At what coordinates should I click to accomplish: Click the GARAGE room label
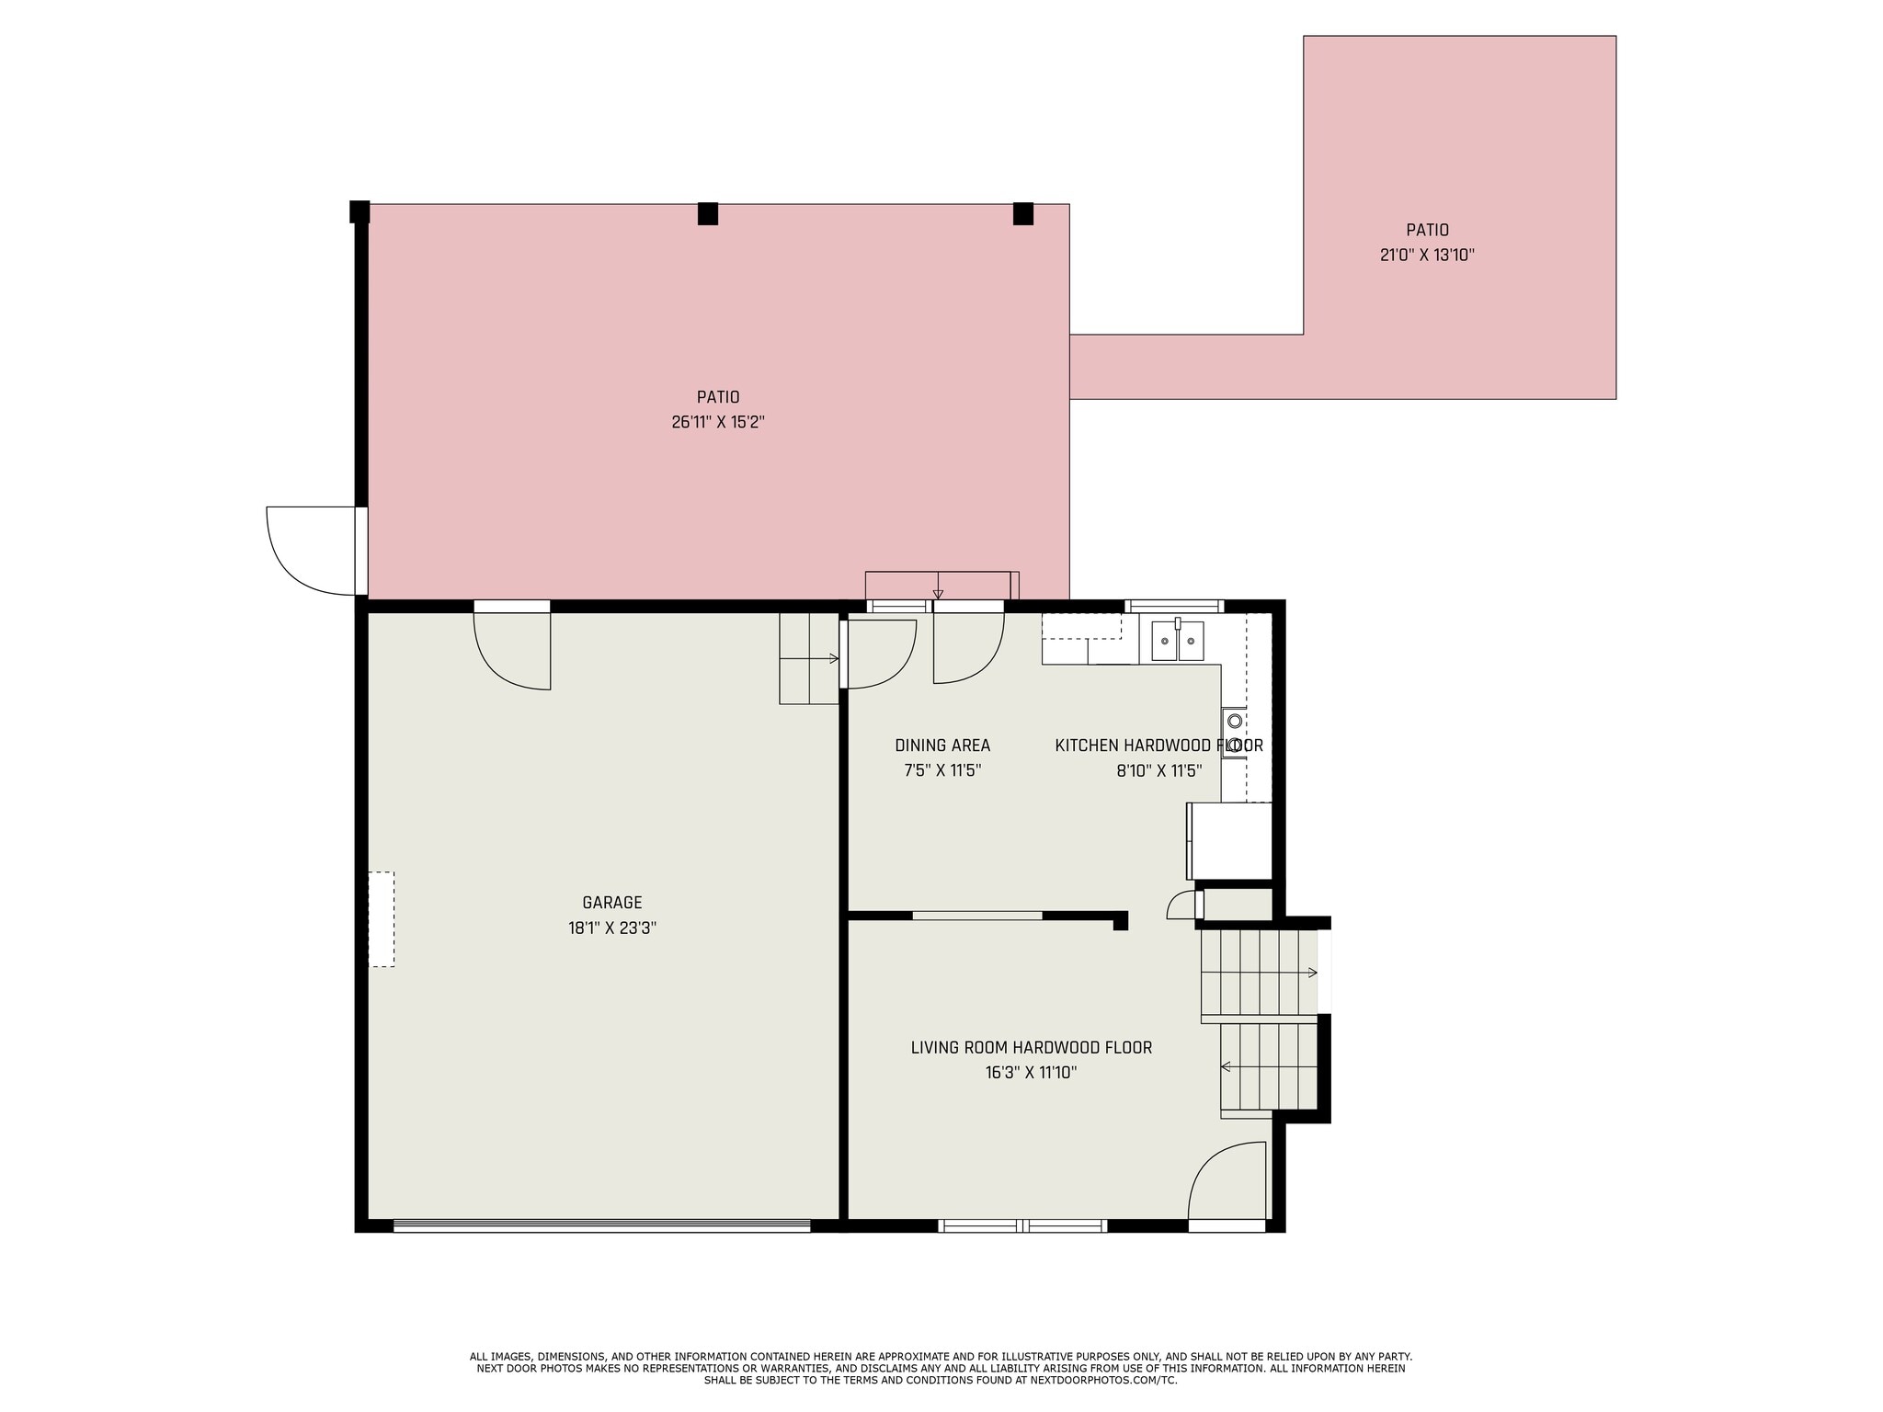(x=611, y=903)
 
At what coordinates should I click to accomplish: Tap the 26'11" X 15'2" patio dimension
(x=718, y=423)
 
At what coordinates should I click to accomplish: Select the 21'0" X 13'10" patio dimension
(x=1427, y=256)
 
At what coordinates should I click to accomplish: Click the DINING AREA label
(x=942, y=746)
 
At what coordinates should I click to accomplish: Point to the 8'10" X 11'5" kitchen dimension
(x=1158, y=771)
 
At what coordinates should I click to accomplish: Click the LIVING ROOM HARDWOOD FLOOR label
(x=1031, y=1047)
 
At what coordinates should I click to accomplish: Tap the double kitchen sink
(x=1178, y=641)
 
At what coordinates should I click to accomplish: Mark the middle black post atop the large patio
(x=707, y=214)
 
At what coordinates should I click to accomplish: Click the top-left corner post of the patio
(x=359, y=211)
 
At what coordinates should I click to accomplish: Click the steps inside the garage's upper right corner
(x=808, y=658)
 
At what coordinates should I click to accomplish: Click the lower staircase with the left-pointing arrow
(x=1269, y=1067)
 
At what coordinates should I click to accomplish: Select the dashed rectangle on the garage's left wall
(x=382, y=919)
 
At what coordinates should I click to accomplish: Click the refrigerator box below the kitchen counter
(x=1230, y=840)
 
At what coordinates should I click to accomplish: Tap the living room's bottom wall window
(x=1022, y=1225)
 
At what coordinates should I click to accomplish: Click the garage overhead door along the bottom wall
(x=601, y=1225)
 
